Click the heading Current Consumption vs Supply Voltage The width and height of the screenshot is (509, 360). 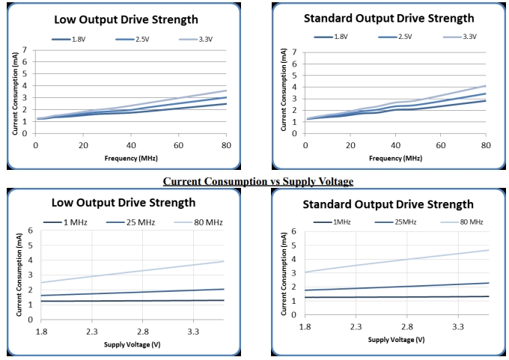[x=257, y=181]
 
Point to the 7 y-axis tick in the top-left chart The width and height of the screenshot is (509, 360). [x=25, y=51]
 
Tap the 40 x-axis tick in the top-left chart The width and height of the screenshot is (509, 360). [x=131, y=144]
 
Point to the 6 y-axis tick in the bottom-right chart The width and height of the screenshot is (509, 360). [x=296, y=231]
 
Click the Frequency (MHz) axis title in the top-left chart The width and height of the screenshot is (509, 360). [x=131, y=158]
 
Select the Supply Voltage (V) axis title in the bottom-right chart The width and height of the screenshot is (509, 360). [x=397, y=341]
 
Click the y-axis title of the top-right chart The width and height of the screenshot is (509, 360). [x=284, y=90]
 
